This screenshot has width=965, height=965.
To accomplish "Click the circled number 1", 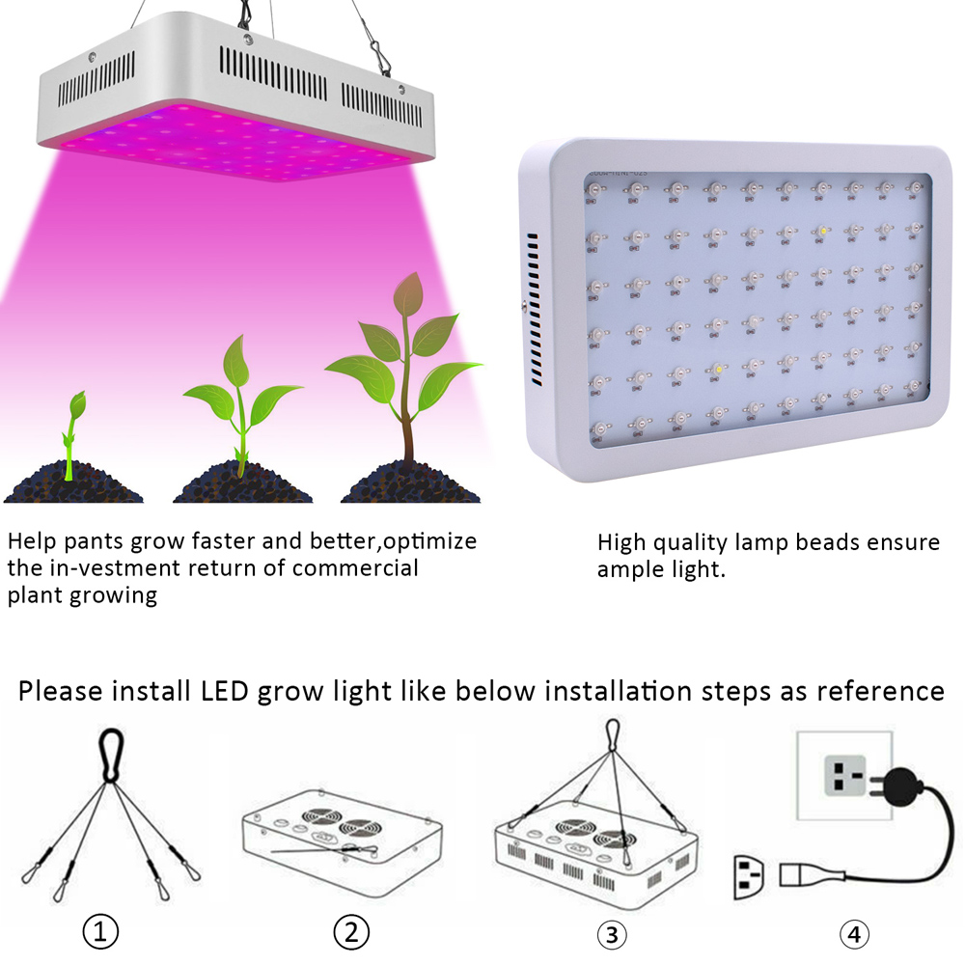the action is click(x=100, y=932).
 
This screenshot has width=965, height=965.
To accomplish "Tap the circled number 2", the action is click(x=351, y=932).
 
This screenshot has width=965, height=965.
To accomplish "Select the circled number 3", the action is click(x=612, y=935).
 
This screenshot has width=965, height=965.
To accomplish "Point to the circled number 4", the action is click(x=854, y=935).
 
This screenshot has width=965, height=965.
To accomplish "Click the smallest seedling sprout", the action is click(x=73, y=434).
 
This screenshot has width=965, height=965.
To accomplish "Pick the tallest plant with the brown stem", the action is click(x=404, y=370).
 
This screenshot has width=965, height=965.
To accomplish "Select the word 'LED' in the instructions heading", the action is click(x=224, y=691).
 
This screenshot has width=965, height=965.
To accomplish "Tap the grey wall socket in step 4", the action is click(x=844, y=776).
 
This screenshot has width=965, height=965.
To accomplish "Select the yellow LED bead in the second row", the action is click(x=823, y=232).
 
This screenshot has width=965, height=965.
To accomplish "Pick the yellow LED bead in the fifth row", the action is click(x=718, y=370).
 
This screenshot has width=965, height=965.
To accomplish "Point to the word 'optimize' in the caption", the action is click(x=429, y=542).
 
